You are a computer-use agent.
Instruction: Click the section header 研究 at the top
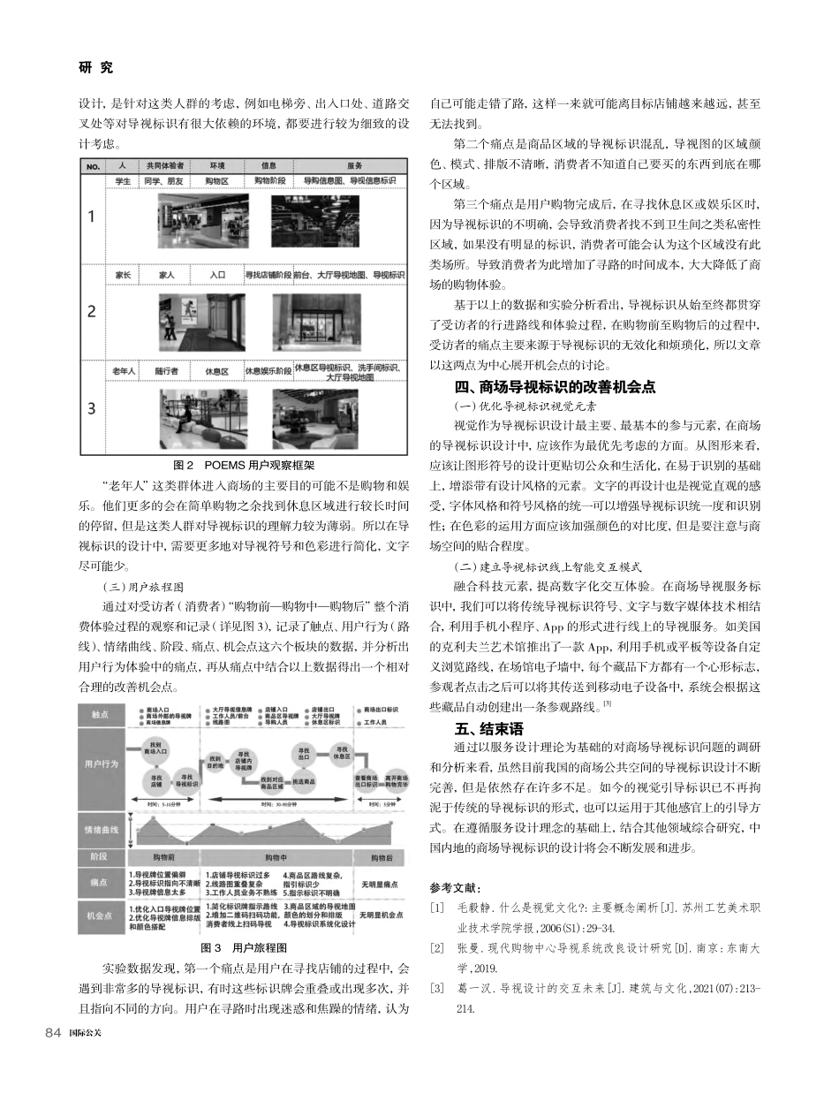(x=95, y=68)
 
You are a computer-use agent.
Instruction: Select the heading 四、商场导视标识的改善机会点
(x=555, y=386)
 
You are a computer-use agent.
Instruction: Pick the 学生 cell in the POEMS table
(x=123, y=180)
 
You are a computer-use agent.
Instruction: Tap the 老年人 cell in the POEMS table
(x=123, y=371)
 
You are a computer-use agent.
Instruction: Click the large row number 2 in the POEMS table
(x=93, y=312)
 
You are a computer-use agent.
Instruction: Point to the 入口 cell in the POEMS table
(x=218, y=276)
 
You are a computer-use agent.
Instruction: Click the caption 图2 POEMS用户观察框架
(x=243, y=464)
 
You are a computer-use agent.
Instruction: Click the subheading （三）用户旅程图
(x=133, y=584)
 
